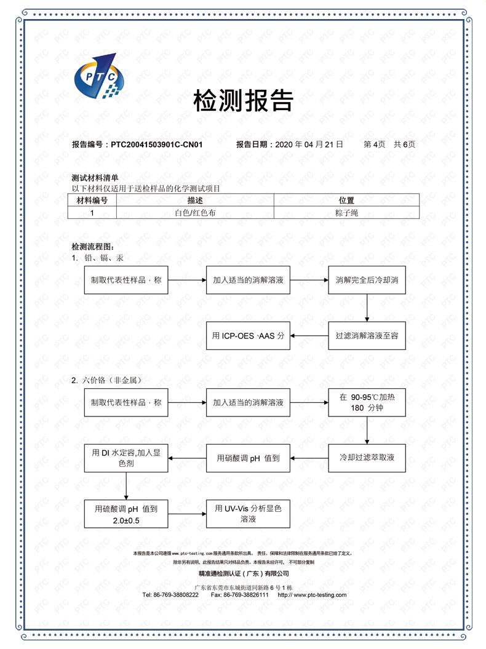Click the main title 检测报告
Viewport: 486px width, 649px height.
click(243, 100)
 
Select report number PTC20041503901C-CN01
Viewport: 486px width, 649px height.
click(157, 145)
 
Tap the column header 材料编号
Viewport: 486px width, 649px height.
click(92, 200)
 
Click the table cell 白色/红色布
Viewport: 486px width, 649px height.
click(194, 212)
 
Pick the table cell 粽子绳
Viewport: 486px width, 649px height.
click(346, 212)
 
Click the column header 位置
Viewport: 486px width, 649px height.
click(346, 200)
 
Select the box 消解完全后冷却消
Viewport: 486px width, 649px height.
click(367, 280)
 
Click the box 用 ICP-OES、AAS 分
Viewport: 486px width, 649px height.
click(248, 336)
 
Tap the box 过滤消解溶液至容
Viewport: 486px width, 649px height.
click(367, 336)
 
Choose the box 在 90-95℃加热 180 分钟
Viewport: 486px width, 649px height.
click(367, 402)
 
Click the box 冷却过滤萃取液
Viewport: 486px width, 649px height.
click(367, 458)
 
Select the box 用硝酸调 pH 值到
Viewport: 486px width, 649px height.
click(248, 458)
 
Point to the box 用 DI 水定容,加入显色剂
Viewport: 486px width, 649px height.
click(126, 458)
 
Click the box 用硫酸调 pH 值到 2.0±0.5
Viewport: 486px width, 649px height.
click(126, 514)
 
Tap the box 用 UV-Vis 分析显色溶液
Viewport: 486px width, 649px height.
click(248, 514)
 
